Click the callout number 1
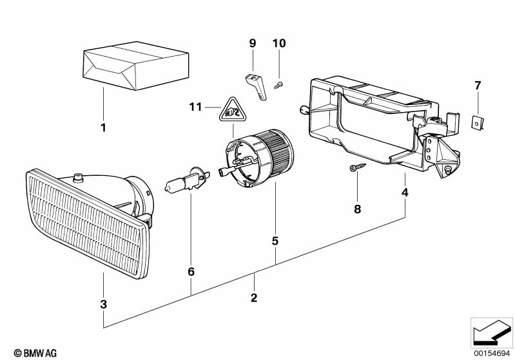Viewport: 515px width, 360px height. [x=104, y=128]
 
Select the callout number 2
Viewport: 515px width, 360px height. [x=254, y=298]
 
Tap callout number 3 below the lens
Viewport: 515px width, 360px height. [x=104, y=304]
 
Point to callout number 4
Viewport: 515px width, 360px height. [x=405, y=193]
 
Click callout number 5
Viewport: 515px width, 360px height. [x=275, y=242]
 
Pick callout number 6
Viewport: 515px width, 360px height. [x=191, y=272]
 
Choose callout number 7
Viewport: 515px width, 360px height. [x=478, y=86]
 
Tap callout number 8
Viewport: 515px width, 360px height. [x=358, y=209]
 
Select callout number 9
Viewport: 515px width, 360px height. [x=253, y=43]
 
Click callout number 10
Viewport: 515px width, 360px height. [x=279, y=43]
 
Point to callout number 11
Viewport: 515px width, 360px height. [x=195, y=107]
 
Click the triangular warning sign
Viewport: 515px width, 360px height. [x=233, y=110]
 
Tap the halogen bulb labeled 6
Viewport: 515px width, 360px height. [x=187, y=181]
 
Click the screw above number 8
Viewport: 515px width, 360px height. [x=358, y=167]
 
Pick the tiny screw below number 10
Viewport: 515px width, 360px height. [x=278, y=85]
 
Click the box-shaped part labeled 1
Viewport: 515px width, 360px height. [x=136, y=66]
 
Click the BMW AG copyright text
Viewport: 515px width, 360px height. [x=35, y=353]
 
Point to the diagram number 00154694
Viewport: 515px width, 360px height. [x=491, y=353]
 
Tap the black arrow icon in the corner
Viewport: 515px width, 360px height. [x=492, y=332]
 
